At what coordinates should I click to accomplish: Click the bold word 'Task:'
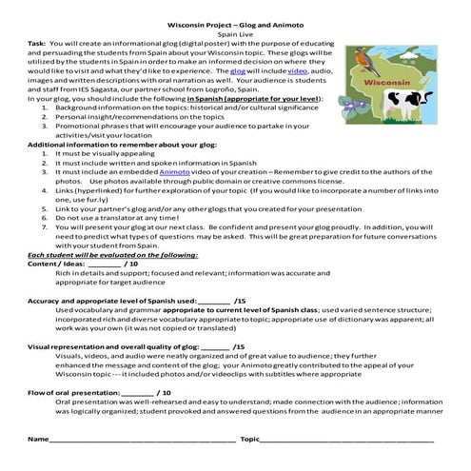pos(37,44)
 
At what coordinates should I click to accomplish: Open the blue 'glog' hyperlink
pos(239,70)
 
